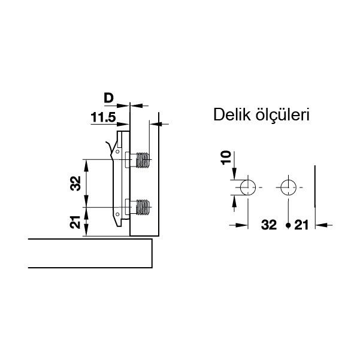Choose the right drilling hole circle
point(288,187)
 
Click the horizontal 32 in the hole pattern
point(269,225)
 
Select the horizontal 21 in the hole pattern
point(301,225)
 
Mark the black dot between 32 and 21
point(288,226)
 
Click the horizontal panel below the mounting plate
point(90,253)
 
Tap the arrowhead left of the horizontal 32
point(243,226)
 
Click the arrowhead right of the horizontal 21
point(319,226)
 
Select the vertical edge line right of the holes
point(315,192)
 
